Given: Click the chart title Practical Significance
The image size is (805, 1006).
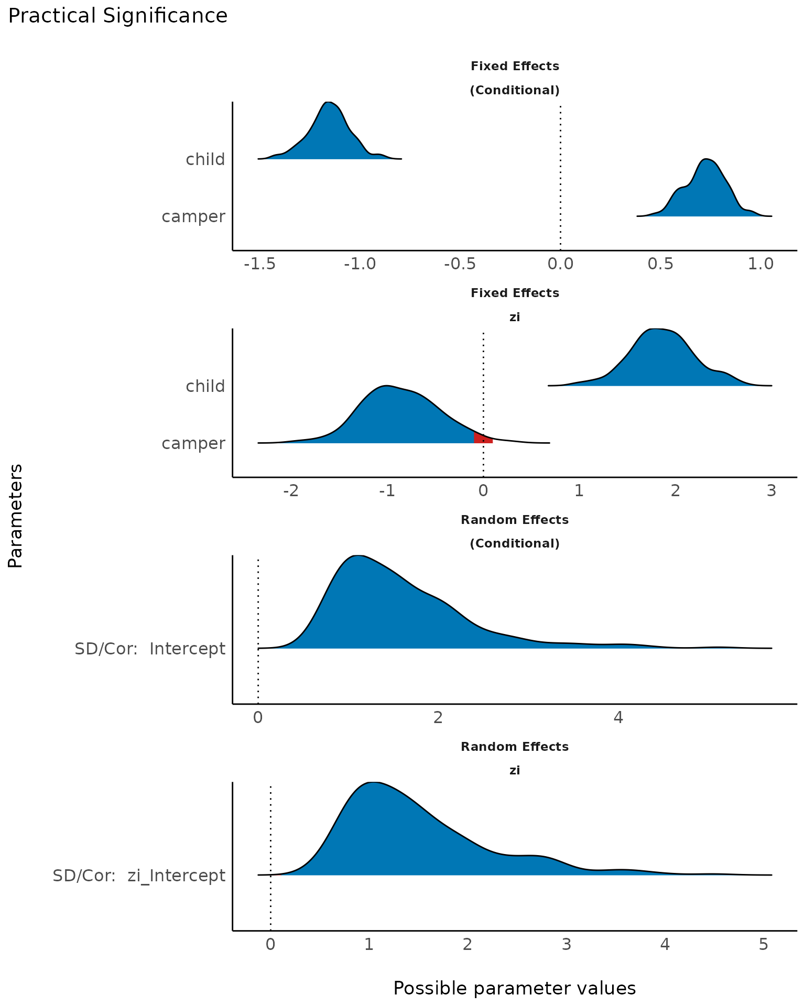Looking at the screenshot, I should coord(118,16).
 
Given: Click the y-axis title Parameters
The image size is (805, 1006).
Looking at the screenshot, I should coord(15,516).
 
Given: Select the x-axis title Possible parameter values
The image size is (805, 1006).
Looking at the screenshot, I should coord(514,989).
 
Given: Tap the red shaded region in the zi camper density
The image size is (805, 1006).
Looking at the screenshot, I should coord(482,439).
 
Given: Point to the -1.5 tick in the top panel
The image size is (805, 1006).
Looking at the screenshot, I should coord(260,264).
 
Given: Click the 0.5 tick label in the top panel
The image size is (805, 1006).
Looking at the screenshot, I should coord(660,264).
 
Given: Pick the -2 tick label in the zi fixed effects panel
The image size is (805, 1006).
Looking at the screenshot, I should coord(291,491).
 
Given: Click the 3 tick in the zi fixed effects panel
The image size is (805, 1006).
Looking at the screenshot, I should coord(771,491).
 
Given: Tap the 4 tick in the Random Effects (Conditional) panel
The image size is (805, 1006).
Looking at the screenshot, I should coord(618,717).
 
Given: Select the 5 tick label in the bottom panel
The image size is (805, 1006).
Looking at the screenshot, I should coord(763,945).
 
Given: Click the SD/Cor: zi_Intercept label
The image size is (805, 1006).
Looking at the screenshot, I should coord(139,876).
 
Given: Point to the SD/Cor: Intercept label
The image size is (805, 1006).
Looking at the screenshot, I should coord(150,649).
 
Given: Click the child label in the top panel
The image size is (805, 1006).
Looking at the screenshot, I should coord(205,159).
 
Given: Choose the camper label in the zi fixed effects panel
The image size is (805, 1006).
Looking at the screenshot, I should coord(193,443).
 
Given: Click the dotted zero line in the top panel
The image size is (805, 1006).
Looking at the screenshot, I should coord(560,178).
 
